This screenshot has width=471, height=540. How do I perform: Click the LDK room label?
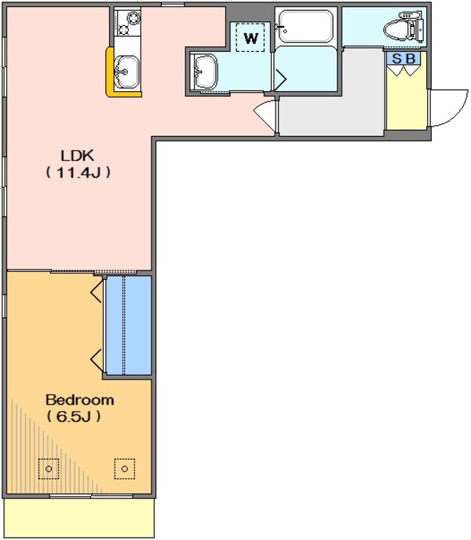[x=76, y=155]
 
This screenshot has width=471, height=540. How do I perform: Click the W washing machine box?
[x=250, y=37]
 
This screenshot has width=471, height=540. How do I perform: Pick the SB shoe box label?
[x=404, y=59]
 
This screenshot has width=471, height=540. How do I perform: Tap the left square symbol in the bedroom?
[x=49, y=469]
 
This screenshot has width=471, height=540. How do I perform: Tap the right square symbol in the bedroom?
[x=124, y=469]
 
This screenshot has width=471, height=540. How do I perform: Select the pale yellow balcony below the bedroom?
[x=78, y=517]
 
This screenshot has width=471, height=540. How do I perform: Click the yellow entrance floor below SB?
[x=406, y=102]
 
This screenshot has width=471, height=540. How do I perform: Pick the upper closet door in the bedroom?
[x=97, y=293]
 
